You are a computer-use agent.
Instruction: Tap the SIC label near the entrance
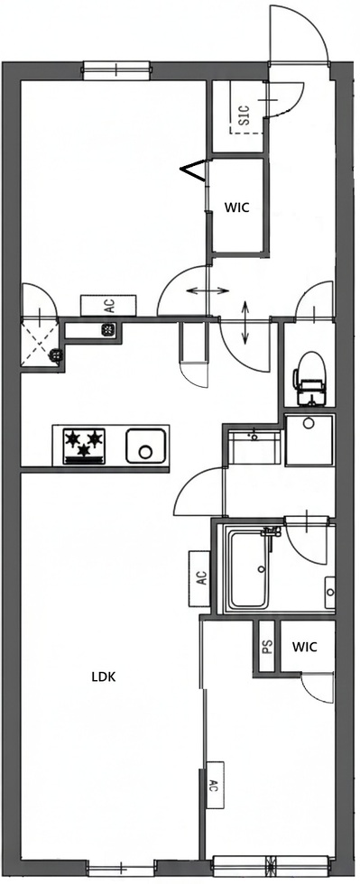243,115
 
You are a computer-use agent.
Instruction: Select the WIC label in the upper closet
236,206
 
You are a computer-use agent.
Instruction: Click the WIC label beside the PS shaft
304,647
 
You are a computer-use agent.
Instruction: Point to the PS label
267,647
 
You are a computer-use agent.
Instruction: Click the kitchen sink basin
144,446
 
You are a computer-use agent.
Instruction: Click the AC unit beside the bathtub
200,577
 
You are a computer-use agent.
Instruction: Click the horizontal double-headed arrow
208,290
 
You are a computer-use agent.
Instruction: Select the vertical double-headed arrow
246,323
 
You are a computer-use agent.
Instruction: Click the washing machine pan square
309,439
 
